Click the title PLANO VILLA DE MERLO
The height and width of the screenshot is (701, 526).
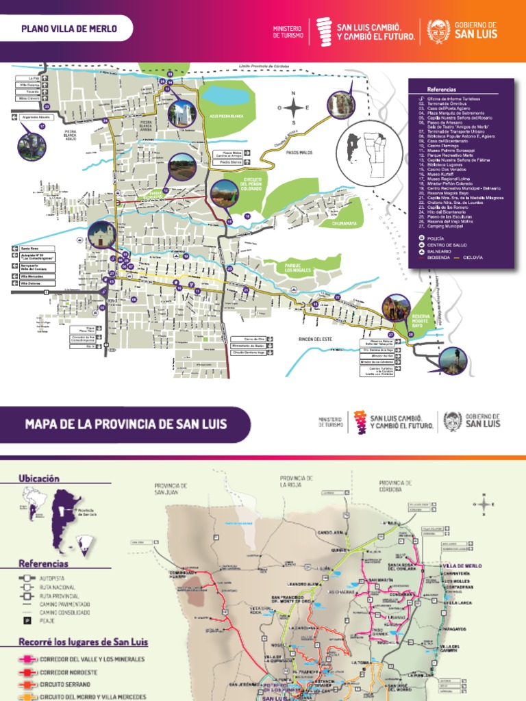click(69, 29)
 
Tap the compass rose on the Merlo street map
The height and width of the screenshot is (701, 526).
click(294, 107)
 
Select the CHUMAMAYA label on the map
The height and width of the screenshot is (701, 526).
click(345, 223)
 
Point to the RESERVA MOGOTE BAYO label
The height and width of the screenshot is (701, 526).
click(422, 320)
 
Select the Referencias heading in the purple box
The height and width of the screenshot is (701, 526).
click(441, 90)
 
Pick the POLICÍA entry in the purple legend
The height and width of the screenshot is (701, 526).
click(436, 238)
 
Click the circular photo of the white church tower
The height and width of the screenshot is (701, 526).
click(182, 114)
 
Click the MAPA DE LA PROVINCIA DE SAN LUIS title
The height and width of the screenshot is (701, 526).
click(126, 424)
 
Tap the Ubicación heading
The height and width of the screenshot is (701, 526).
click(39, 479)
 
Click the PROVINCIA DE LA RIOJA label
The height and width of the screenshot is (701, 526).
click(297, 481)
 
